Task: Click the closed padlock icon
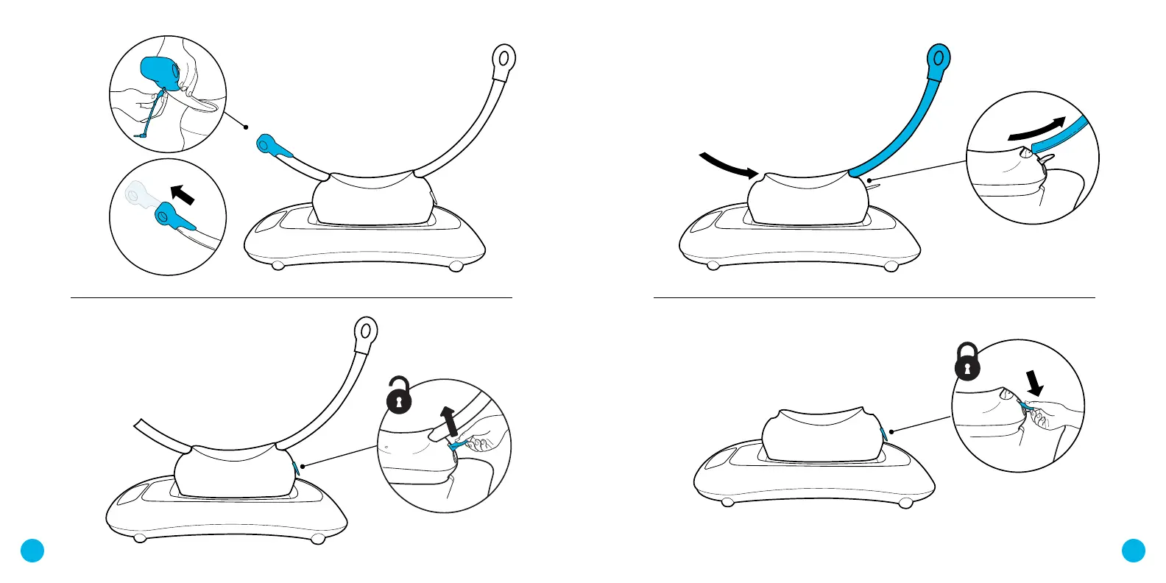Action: coord(967,363)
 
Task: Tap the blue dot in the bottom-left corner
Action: coord(32,550)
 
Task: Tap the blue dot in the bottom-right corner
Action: coord(1134,550)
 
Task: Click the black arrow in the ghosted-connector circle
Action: coord(182,194)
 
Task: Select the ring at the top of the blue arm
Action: coord(939,57)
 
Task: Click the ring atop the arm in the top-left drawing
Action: coord(504,58)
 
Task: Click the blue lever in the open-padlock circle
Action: coord(459,445)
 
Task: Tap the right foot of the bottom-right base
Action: coord(906,503)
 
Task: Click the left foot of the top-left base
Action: coord(278,266)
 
